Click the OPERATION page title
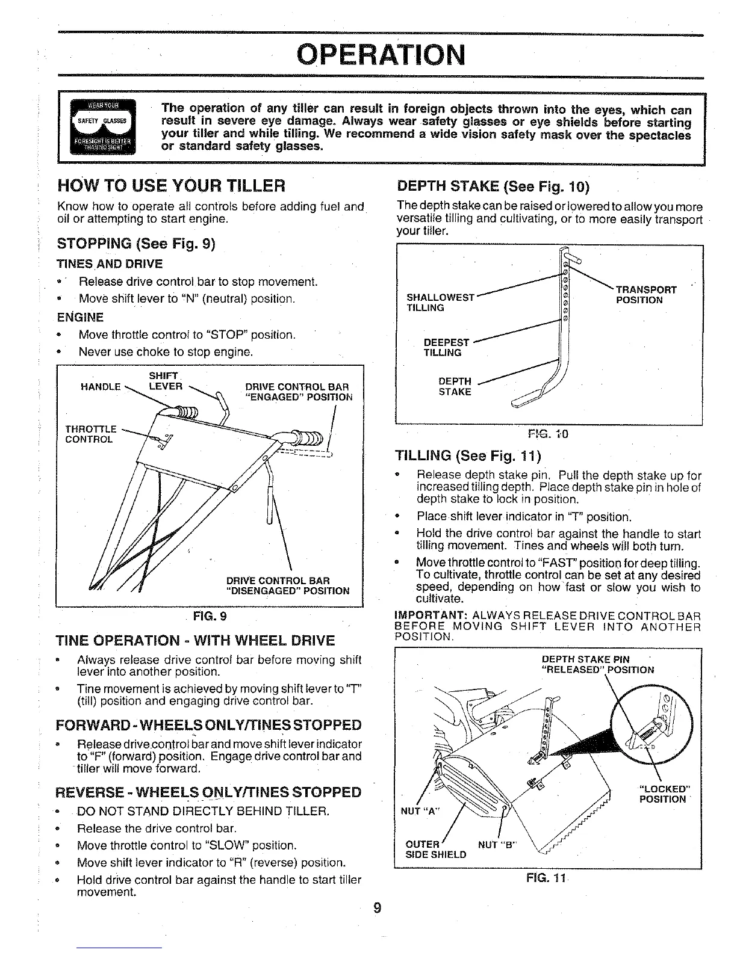382,55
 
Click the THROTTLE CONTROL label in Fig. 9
90,434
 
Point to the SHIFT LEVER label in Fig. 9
165,381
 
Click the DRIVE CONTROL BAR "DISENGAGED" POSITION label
287,585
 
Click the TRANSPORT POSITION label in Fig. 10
646,295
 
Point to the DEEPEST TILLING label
446,347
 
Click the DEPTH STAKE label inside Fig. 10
455,386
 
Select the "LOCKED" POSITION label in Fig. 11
662,794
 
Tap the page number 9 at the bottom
377,908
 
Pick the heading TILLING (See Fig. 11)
468,454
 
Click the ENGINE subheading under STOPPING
79,317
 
